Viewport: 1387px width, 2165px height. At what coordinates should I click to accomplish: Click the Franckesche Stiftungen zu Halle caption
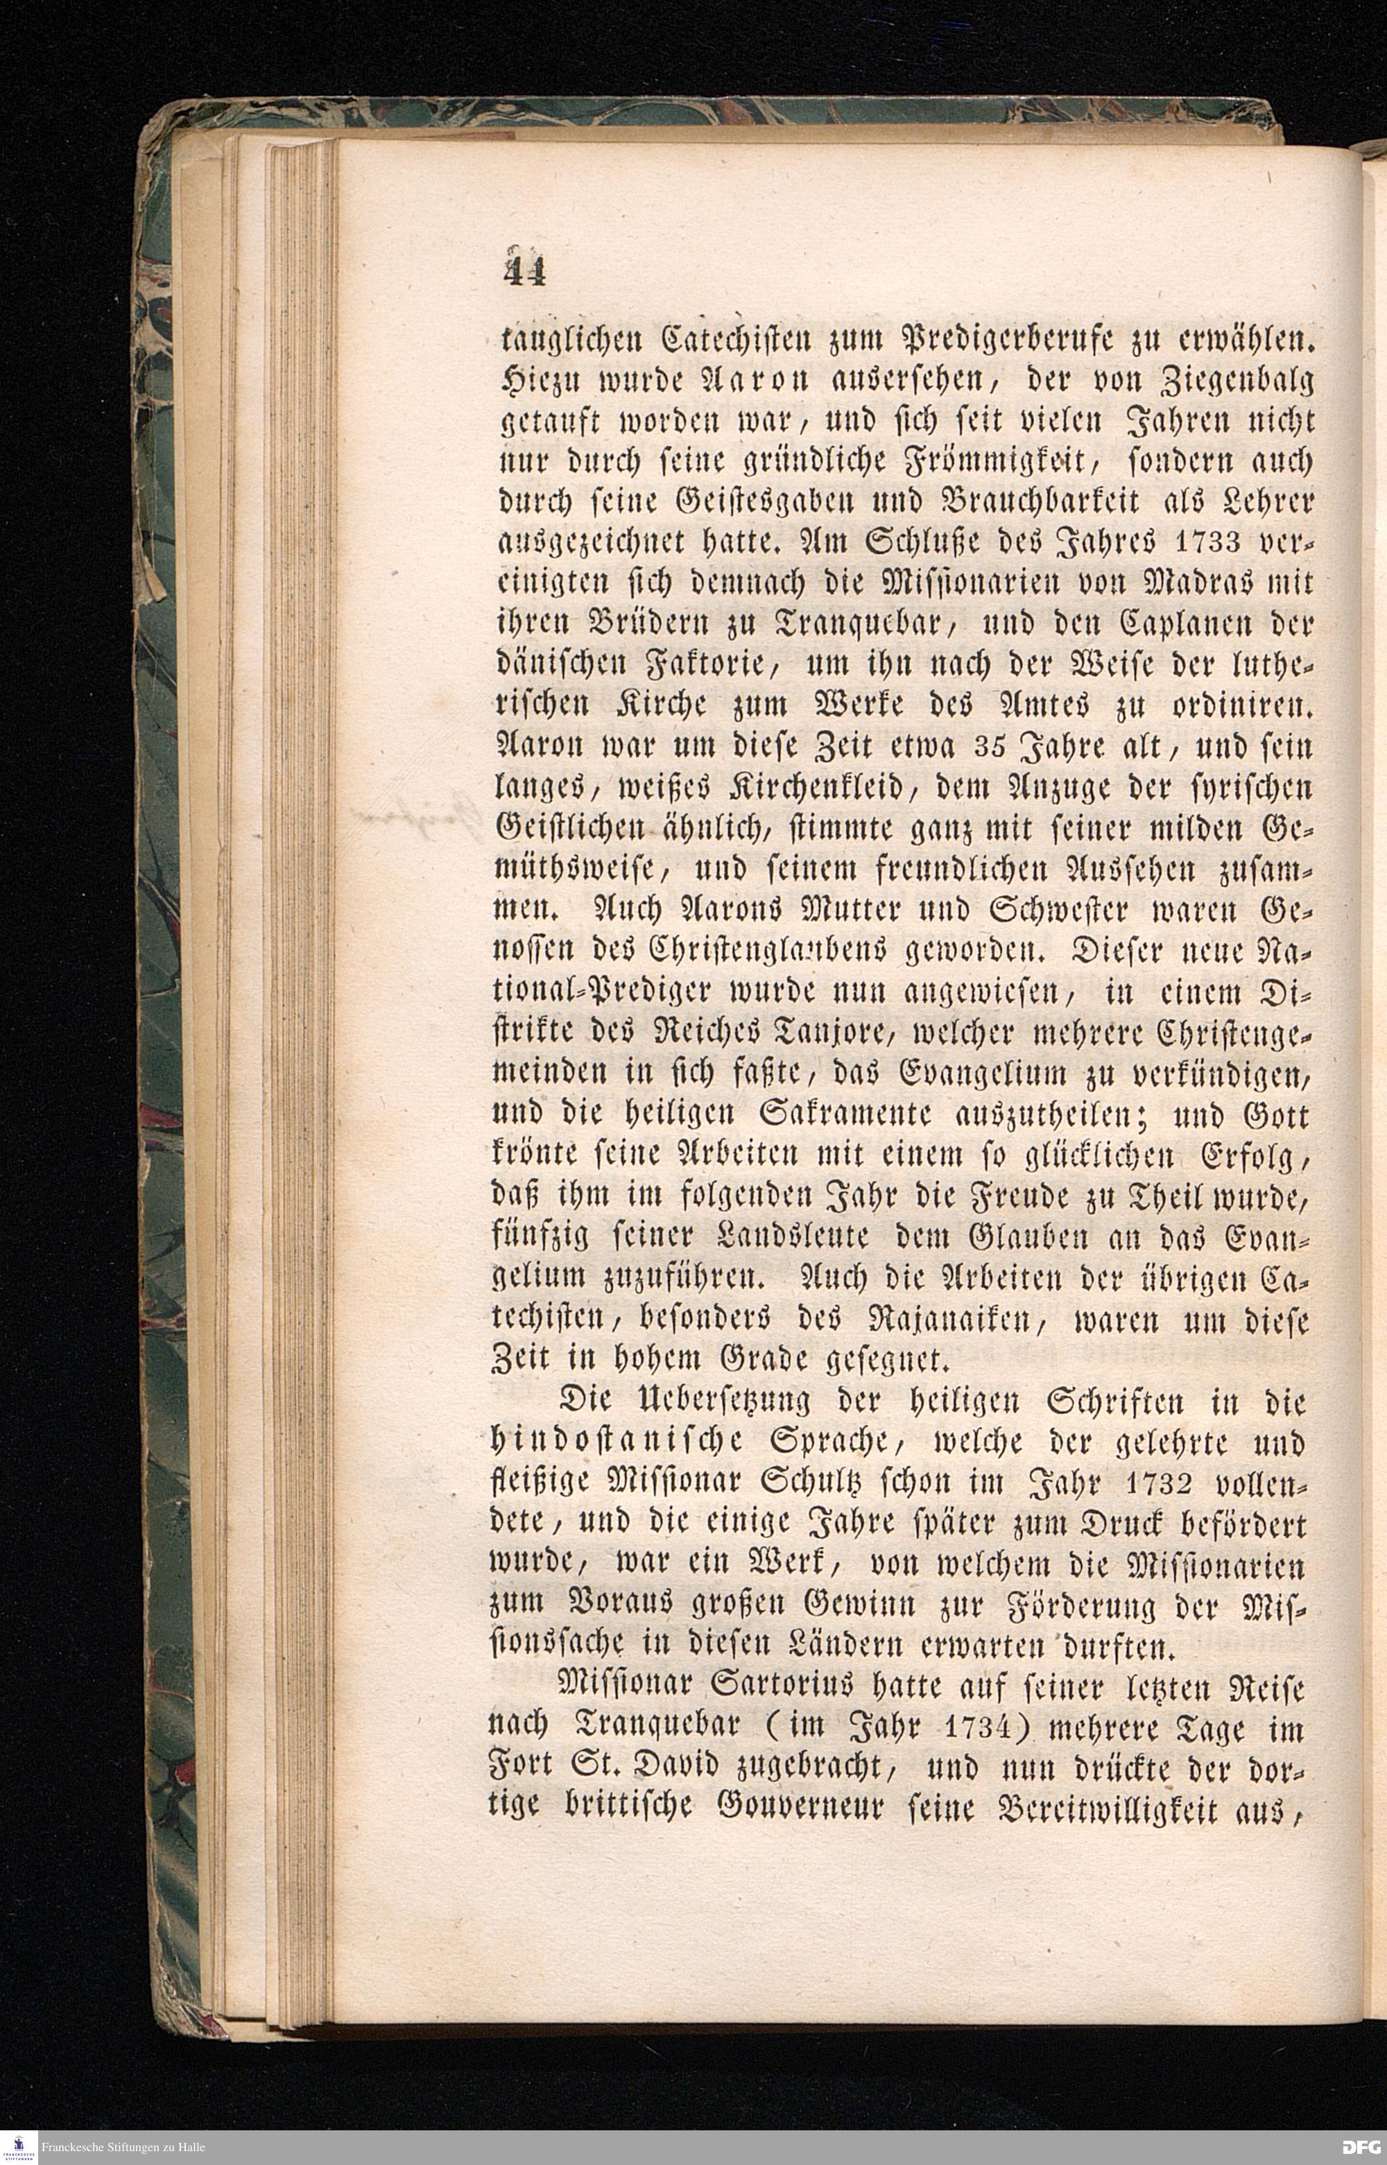[123, 2147]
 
